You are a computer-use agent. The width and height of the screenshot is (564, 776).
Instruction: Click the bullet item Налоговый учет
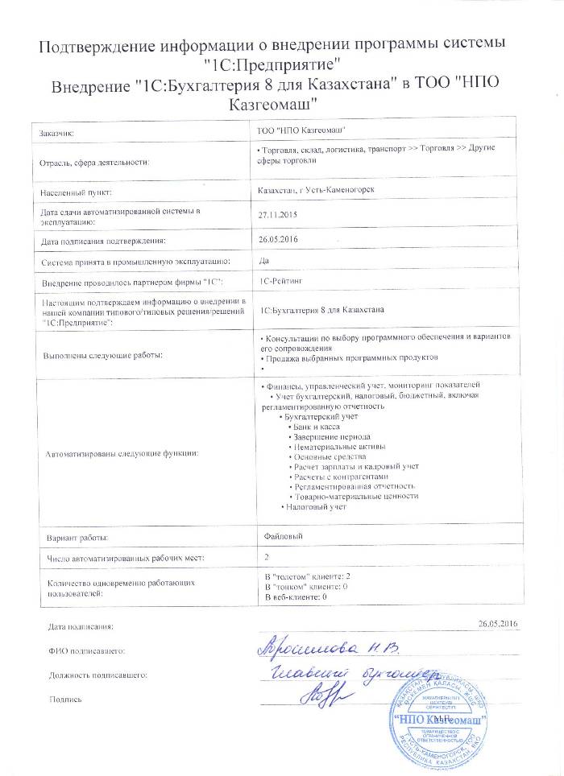pos(315,507)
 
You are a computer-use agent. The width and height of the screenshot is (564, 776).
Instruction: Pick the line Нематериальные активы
pos(340,446)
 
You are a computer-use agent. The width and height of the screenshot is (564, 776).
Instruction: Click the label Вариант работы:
pos(77,537)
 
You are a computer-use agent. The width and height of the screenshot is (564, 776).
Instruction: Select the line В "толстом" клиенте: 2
pos(307,578)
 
